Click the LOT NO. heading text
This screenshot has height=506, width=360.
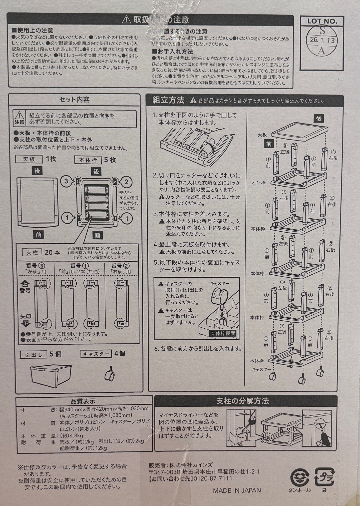[x=322, y=21]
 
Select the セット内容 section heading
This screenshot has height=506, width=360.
[x=74, y=100]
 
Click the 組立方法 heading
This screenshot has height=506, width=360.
[x=169, y=100]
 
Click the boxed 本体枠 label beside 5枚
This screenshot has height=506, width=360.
[x=88, y=160]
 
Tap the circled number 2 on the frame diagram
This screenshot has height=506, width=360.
[x=126, y=182]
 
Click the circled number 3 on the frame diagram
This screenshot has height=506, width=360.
[x=66, y=181]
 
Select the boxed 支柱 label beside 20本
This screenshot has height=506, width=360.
[x=32, y=252]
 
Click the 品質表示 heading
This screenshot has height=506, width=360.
[x=83, y=401]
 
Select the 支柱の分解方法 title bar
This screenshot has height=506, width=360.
[x=242, y=401]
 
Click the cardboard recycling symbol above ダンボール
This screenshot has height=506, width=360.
[x=300, y=477]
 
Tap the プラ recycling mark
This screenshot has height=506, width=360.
[x=324, y=476]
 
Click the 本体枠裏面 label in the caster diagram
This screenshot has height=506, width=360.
[x=223, y=334]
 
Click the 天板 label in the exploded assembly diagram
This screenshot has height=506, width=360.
[x=262, y=135]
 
